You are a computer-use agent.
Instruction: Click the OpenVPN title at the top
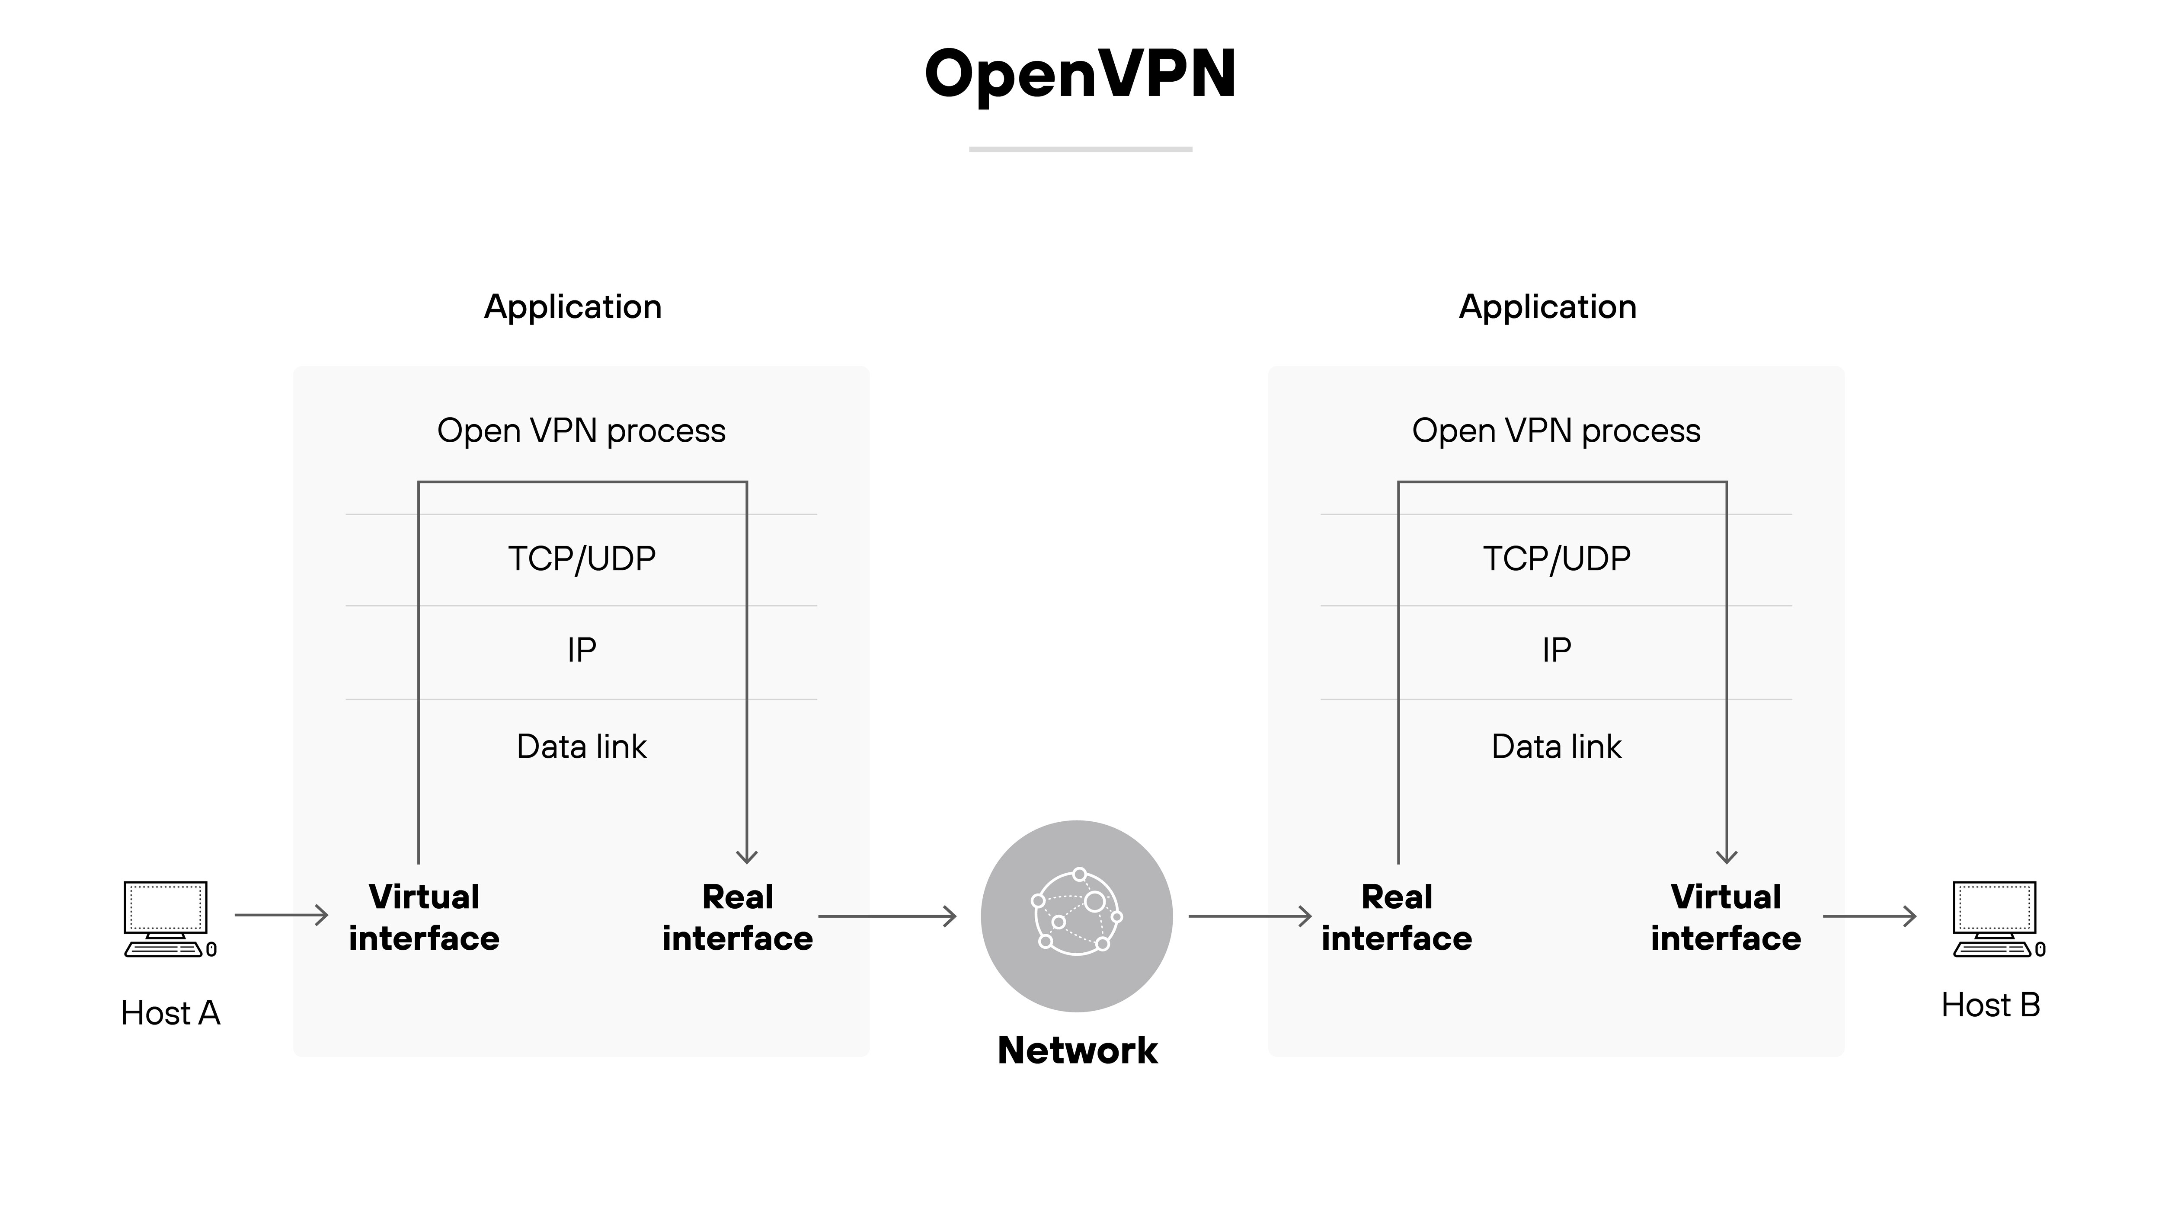click(1080, 74)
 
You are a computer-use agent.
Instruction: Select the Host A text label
click(170, 1013)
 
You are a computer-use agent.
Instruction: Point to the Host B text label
click(1990, 1005)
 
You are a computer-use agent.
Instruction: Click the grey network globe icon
click(1077, 916)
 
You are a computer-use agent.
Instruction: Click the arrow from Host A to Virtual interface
click(281, 915)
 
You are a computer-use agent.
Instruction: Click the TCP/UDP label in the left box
click(582, 558)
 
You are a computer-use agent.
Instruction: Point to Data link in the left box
click(582, 746)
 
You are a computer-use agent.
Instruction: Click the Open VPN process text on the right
click(1556, 431)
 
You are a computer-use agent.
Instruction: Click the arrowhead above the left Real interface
click(747, 856)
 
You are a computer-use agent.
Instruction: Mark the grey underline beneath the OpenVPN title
click(1080, 150)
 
